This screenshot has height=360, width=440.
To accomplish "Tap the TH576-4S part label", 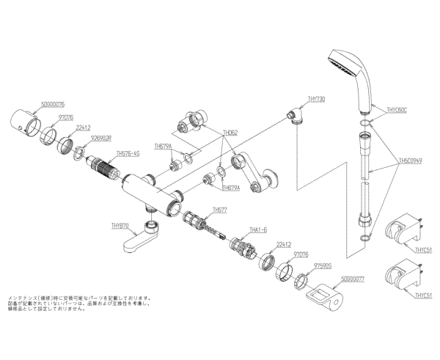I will (x=128, y=154).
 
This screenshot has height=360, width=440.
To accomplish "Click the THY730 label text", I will (x=318, y=98).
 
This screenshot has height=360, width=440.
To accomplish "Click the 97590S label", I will (x=323, y=265).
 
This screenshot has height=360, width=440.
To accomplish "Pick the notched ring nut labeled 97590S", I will (x=301, y=279).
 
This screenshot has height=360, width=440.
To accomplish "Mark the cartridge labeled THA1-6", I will (x=241, y=247).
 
